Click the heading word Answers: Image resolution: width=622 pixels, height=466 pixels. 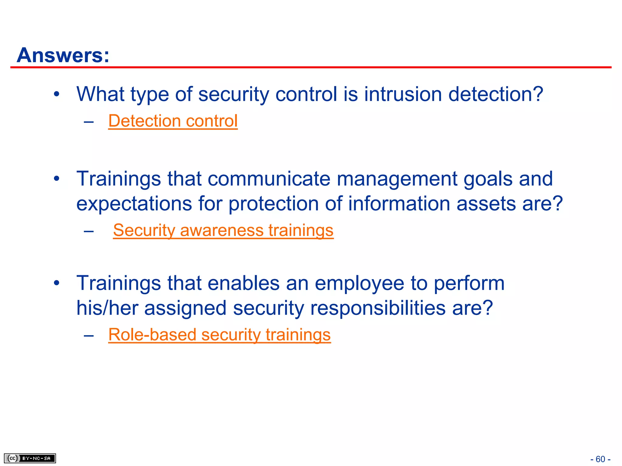pyautogui.click(x=63, y=55)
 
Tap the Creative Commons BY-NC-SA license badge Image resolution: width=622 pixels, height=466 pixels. pyautogui.click(x=30, y=458)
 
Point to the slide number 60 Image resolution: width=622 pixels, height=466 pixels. pyautogui.click(x=600, y=459)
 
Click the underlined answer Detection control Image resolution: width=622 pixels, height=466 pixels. pyautogui.click(x=173, y=121)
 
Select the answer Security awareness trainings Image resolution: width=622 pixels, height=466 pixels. pyautogui.click(x=223, y=230)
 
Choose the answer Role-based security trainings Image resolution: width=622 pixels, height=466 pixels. pyautogui.click(x=219, y=335)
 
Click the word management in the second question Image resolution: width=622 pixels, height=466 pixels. pyautogui.click(x=397, y=179)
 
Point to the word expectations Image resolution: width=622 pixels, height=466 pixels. pyautogui.click(x=134, y=204)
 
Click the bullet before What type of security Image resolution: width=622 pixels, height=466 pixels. pyautogui.click(x=56, y=94)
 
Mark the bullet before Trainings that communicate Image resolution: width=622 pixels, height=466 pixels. pyautogui.click(x=56, y=179)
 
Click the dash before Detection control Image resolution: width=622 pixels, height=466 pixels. pyautogui.click(x=88, y=122)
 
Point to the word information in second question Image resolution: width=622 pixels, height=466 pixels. pyautogui.click(x=399, y=204)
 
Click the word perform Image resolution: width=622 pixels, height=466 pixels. pyautogui.click(x=469, y=283)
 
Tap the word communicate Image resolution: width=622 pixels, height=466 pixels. pyautogui.click(x=269, y=179)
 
